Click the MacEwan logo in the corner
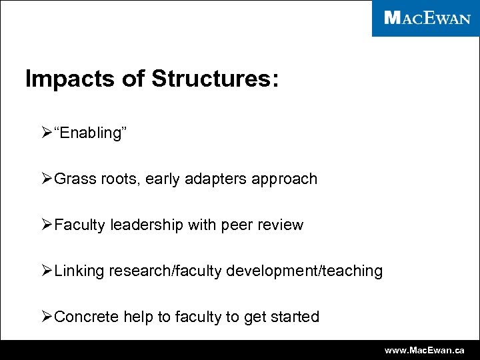pos(427,18)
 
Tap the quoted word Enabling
pos(90,133)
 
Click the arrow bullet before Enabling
pos(47,133)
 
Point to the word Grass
pos(73,179)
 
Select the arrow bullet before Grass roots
pos(47,179)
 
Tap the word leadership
pos(146,225)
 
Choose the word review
pos(281,225)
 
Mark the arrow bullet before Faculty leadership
pos(47,225)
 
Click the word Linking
pos(80,271)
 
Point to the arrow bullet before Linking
pos(47,271)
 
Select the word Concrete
pos(86,317)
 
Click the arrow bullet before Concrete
pos(47,317)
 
